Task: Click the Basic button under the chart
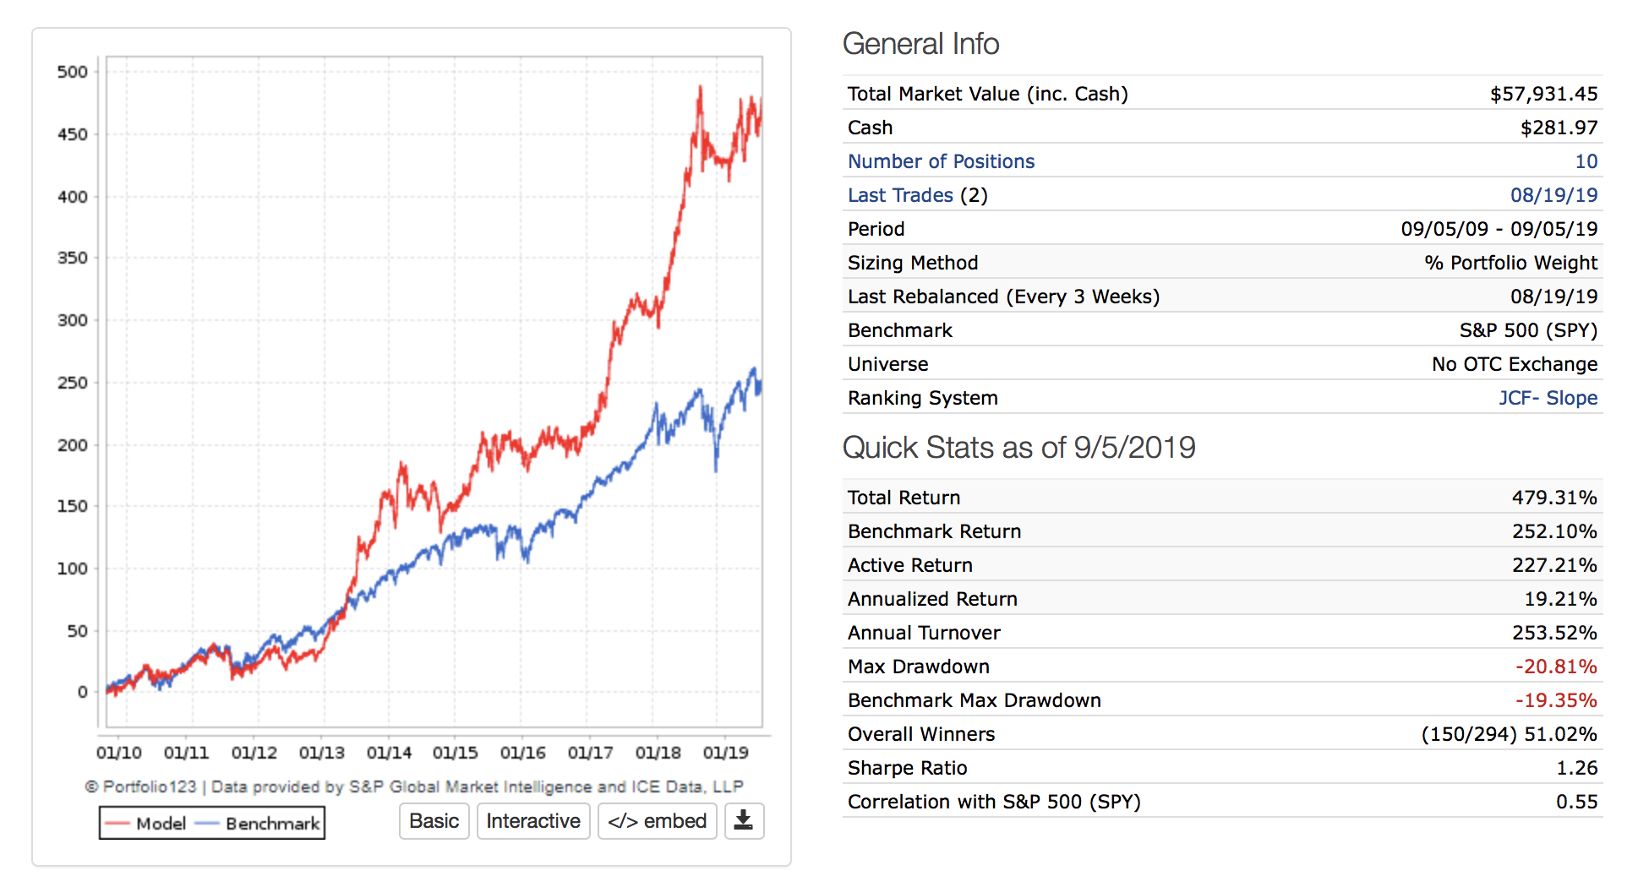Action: coord(434,821)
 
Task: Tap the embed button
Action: coord(657,821)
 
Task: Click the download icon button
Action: coord(744,821)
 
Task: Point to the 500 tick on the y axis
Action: coord(73,72)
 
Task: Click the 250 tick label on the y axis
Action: coord(73,383)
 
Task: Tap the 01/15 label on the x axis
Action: coord(455,753)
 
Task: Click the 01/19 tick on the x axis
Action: coord(725,753)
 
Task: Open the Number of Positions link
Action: coord(941,161)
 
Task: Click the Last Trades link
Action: coord(900,195)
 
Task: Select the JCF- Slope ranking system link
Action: coord(1548,398)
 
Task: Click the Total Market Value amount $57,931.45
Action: coord(1543,94)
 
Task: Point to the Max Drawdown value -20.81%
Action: coord(1556,667)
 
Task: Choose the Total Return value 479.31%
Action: coord(1554,498)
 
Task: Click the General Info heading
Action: coord(920,44)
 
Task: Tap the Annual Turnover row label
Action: coord(924,633)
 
